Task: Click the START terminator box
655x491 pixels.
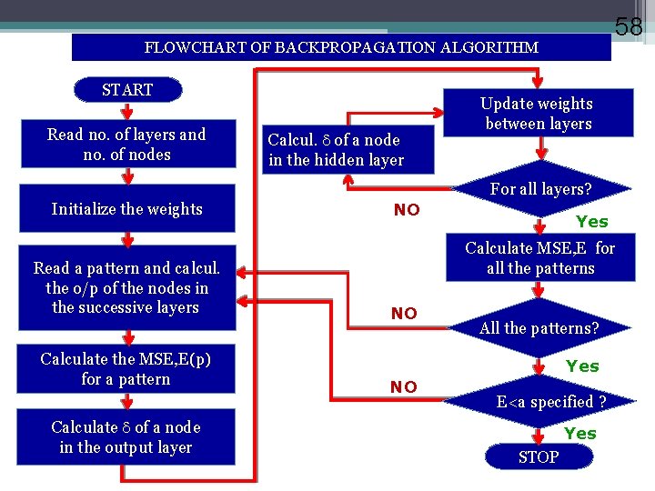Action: [x=127, y=90]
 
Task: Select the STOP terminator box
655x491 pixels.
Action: [x=539, y=457]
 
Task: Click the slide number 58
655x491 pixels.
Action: [x=629, y=26]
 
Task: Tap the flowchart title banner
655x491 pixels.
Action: [x=341, y=47]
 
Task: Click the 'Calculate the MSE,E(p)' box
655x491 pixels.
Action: [x=126, y=368]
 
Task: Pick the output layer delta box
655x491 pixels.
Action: [x=126, y=437]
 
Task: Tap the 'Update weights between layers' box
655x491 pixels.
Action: [x=538, y=114]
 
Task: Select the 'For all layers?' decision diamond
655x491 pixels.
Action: [x=540, y=190]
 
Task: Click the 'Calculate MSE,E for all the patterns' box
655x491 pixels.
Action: [x=539, y=258]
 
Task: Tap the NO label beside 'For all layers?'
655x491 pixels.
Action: [x=407, y=210]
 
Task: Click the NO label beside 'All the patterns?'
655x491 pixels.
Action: [x=404, y=314]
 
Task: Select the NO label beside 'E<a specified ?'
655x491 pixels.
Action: [x=403, y=387]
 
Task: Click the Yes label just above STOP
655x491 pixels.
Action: [x=580, y=434]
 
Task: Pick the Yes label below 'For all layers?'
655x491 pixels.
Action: [x=592, y=222]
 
